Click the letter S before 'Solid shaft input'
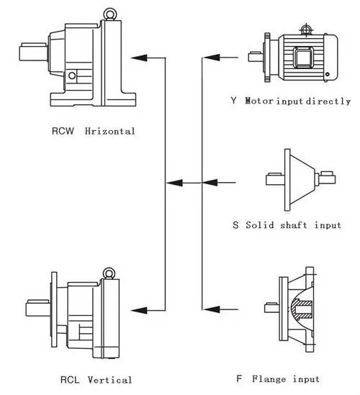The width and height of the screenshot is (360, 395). [235, 225]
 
